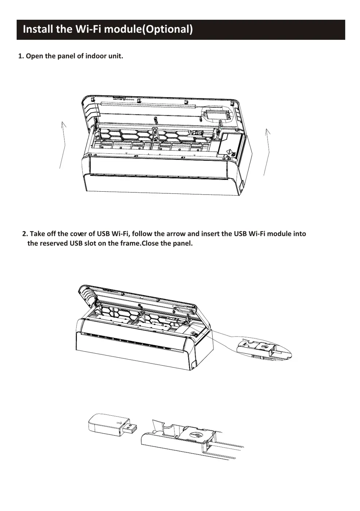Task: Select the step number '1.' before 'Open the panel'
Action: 21,56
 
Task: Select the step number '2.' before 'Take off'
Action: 25,234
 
